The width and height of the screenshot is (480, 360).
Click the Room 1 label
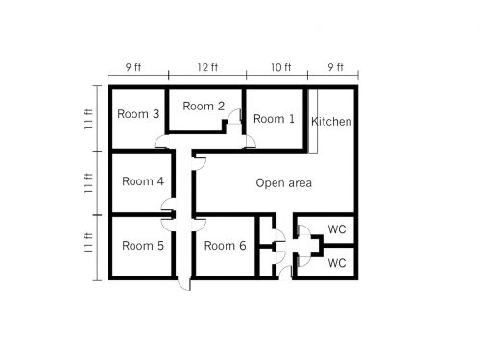coord(274,119)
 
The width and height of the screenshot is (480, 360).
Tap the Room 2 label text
coord(204,106)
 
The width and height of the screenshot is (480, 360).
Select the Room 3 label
coord(138,114)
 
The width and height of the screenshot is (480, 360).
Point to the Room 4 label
coord(143,181)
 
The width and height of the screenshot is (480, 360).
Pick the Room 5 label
coord(143,246)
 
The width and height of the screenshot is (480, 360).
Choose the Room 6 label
coord(225,246)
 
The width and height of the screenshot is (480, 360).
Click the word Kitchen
coord(331,122)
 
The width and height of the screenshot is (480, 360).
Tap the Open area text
coord(283,183)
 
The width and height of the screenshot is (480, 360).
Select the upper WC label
coord(337,229)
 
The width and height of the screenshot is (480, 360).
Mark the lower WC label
coord(337,263)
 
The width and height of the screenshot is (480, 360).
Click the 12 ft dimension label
coord(207,67)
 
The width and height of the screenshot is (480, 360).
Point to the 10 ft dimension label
coord(281,67)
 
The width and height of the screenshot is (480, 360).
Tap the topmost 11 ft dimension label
coord(88,119)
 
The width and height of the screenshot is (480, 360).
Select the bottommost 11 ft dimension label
coord(88,243)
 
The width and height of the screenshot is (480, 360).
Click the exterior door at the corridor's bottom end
coord(184,283)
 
